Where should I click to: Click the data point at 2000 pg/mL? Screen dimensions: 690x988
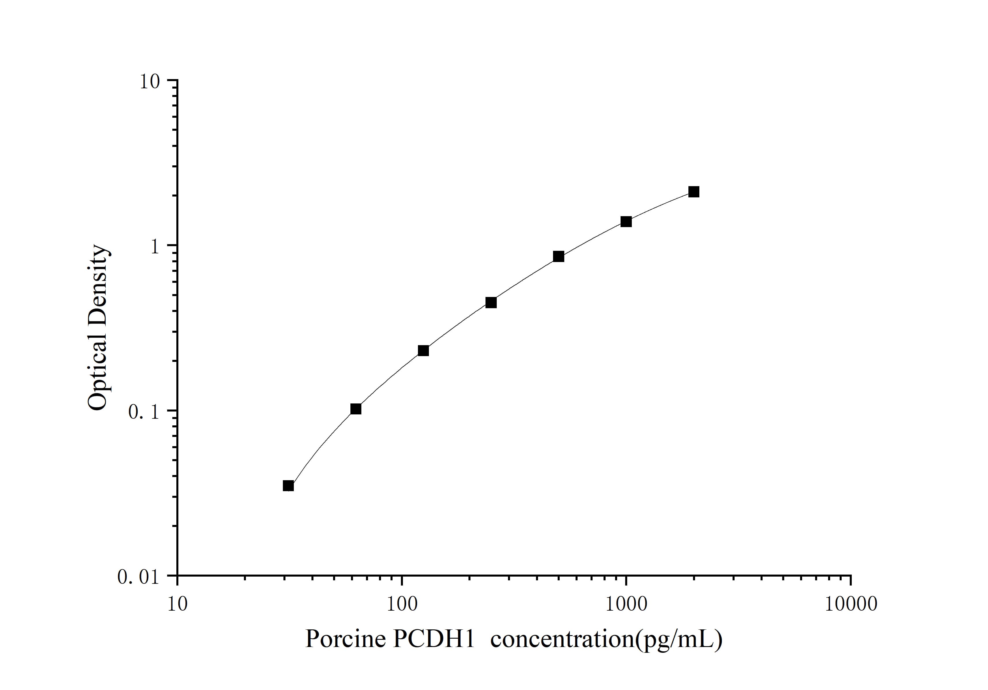694,192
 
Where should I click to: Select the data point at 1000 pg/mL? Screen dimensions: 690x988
626,222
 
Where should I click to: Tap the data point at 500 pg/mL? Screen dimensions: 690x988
559,256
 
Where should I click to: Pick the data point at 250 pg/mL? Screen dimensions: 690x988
491,303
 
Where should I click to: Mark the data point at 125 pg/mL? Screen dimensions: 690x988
423,351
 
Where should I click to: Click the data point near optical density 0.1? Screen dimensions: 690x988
356,409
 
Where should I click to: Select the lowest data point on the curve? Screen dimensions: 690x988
288,486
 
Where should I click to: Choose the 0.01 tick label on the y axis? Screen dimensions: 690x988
138,577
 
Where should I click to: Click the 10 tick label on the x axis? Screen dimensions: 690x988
177,604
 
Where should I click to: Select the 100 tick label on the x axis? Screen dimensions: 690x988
402,604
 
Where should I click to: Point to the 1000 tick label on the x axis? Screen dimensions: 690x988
626,604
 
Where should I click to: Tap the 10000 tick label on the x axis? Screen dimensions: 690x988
851,604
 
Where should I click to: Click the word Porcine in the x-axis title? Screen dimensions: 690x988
345,639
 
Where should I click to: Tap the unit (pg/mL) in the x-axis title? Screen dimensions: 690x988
679,639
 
